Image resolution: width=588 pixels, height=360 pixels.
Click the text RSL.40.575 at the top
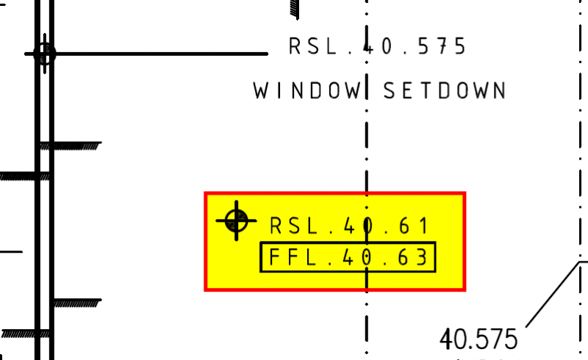pyautogui.click(x=378, y=47)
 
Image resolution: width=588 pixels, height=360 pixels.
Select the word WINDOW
pyautogui.click(x=309, y=91)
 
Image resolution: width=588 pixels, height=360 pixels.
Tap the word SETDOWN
pyautogui.click(x=445, y=91)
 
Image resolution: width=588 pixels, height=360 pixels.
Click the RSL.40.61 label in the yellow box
pyautogui.click(x=349, y=226)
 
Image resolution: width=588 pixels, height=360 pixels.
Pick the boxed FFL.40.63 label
pyautogui.click(x=348, y=258)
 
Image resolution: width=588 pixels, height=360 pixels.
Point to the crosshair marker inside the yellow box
pyautogui.click(x=236, y=219)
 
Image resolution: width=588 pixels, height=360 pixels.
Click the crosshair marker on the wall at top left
pyautogui.click(x=44, y=54)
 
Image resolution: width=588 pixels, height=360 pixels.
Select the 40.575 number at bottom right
pyautogui.click(x=478, y=339)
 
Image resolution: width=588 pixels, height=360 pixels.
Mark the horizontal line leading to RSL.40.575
pyautogui.click(x=162, y=54)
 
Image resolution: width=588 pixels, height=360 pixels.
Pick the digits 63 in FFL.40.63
pyautogui.click(x=410, y=258)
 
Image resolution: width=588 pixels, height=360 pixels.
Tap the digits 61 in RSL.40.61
pyautogui.click(x=412, y=226)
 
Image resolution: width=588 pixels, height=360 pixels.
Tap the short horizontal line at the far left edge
pyautogui.click(x=10, y=252)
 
